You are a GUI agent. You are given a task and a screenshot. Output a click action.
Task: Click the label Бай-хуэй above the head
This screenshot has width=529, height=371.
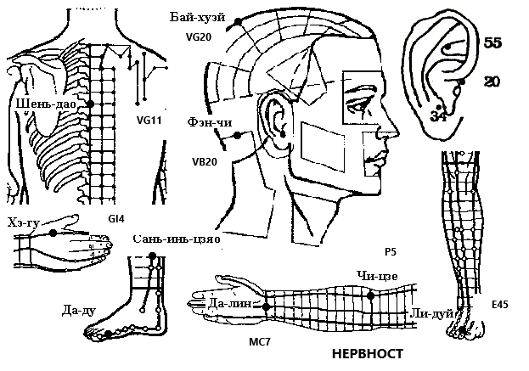[197, 18]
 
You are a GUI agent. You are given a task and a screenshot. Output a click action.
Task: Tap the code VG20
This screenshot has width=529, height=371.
[199, 37]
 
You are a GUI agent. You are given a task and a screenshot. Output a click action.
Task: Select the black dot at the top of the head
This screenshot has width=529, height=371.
[238, 22]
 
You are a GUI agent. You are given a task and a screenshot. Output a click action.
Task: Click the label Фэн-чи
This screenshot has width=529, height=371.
[210, 122]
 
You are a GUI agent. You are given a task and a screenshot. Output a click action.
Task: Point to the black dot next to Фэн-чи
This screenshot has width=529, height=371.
[238, 136]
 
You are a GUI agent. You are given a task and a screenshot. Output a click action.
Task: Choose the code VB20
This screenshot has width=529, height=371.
[205, 162]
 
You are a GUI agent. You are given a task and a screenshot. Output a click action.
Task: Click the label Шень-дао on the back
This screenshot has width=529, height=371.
[46, 104]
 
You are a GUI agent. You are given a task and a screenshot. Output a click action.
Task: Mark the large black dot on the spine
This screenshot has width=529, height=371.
[90, 104]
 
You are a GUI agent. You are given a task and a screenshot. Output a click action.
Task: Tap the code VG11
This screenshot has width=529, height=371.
[149, 120]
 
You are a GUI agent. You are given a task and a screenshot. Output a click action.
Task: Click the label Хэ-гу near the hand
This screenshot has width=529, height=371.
[24, 222]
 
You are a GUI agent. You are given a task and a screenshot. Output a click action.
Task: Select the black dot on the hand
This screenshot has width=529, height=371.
[53, 233]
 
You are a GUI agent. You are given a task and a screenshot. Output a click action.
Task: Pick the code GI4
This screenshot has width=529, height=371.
[116, 219]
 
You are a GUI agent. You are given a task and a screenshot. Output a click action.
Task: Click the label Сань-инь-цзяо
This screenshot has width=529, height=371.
[177, 239]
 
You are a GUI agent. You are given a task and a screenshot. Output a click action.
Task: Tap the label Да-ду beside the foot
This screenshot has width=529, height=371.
[79, 310]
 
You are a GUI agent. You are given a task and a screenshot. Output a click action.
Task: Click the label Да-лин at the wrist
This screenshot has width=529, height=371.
[230, 304]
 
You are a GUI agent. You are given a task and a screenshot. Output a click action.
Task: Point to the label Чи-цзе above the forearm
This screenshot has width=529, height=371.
[378, 276]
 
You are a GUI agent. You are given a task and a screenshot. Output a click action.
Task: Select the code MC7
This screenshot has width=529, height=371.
[260, 342]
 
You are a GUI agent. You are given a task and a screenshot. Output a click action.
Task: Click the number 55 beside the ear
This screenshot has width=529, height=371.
[492, 42]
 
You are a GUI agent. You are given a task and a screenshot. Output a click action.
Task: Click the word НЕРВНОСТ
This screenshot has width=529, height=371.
[368, 354]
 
